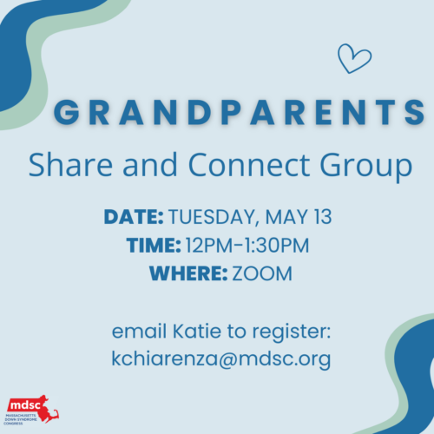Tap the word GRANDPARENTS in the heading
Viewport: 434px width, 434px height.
[240, 112]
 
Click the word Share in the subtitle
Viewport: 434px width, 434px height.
[70, 164]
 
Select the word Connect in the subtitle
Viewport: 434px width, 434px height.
[249, 164]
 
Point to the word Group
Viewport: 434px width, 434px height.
[366, 168]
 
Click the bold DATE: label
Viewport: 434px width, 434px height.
[134, 216]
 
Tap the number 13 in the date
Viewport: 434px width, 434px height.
[323, 216]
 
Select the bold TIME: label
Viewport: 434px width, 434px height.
[154, 245]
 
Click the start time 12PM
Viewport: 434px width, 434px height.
[209, 245]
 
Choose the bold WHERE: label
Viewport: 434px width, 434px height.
[188, 273]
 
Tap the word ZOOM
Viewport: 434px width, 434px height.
[262, 273]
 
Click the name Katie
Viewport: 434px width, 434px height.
[197, 331]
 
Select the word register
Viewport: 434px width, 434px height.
[292, 332]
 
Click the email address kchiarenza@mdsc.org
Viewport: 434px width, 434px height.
[221, 359]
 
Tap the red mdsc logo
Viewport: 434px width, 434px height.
[32, 406]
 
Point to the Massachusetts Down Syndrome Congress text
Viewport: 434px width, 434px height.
[20, 419]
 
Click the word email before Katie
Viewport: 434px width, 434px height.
[139, 331]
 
